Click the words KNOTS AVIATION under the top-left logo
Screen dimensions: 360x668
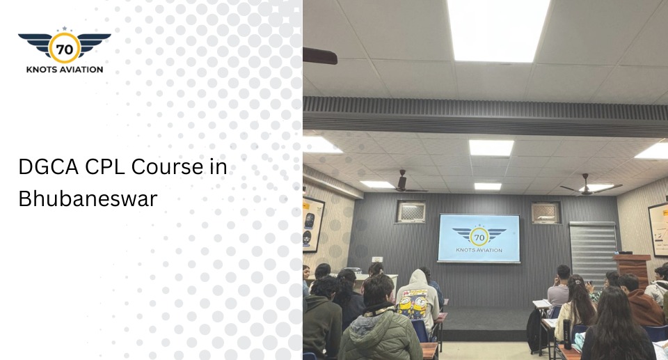[64, 69]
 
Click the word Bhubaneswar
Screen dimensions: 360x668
[88, 198]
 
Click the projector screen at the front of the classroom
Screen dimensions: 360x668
[479, 237]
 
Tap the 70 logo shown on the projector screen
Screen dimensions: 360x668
[479, 235]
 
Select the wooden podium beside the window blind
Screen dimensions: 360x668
[630, 267]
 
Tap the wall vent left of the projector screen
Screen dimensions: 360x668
[411, 212]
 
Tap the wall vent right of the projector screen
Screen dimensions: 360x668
[545, 212]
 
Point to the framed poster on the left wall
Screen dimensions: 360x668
[313, 224]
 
